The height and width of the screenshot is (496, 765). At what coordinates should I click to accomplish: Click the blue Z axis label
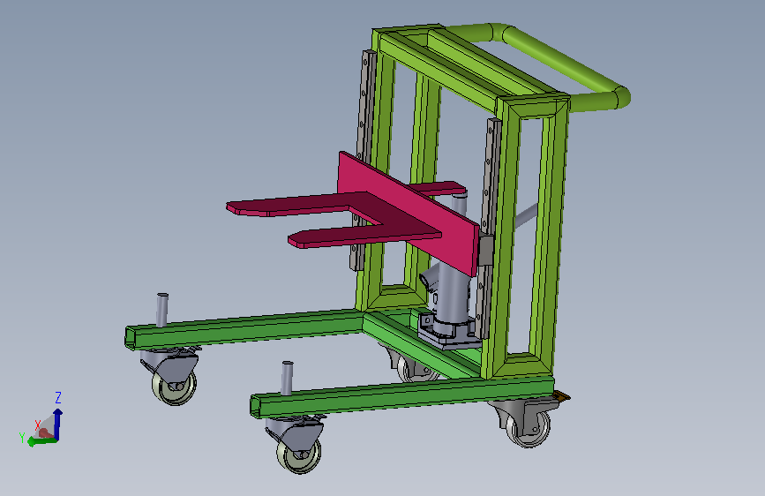[58, 397]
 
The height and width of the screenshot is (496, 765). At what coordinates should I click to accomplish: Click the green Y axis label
[22, 438]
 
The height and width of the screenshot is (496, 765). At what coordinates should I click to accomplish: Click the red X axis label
[38, 425]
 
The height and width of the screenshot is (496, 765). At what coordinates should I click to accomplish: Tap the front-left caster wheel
[174, 386]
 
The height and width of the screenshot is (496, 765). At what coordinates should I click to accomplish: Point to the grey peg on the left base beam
[162, 310]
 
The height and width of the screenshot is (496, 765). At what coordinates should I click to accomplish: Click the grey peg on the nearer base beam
[288, 378]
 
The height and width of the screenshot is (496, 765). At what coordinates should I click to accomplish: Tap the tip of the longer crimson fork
[229, 207]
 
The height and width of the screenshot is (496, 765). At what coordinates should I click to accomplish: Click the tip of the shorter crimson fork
[291, 240]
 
